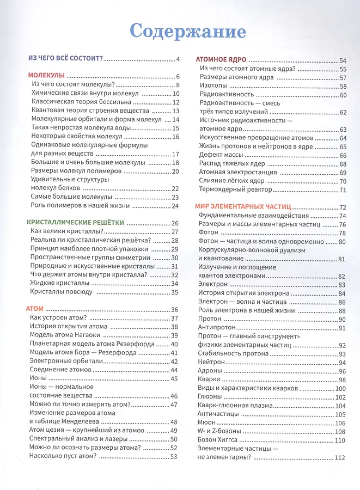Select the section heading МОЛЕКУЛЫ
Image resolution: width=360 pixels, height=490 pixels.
[46, 76]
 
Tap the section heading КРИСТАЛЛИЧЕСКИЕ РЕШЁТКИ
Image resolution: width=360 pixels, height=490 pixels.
[76, 223]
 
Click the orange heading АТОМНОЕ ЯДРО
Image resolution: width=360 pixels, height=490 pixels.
[221, 60]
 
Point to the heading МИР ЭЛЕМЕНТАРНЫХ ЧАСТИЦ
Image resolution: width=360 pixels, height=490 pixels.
[243, 207]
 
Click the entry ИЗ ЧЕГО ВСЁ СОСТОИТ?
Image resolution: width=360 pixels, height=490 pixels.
[65, 59]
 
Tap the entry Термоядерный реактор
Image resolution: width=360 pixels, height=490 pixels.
[235, 189]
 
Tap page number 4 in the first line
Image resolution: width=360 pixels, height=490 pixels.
[178, 59]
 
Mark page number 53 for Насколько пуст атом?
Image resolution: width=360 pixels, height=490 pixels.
[174, 456]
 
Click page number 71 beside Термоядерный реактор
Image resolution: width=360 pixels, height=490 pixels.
[343, 189]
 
